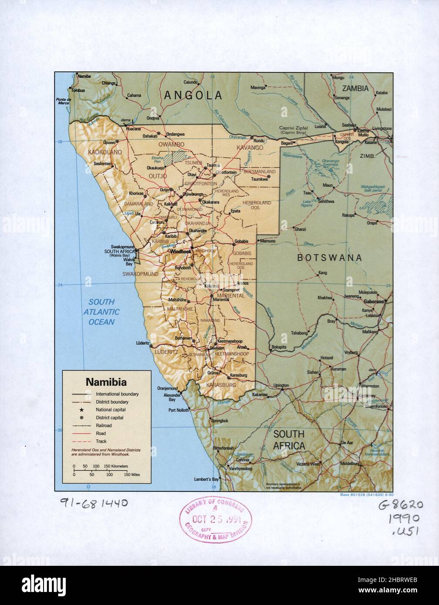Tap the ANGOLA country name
tap(193, 95)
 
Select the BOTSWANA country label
tap(329, 257)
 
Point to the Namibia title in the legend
tap(106, 383)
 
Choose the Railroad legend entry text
tap(104, 426)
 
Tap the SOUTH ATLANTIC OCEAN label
tap(101, 312)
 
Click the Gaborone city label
tap(374, 301)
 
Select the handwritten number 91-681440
tap(94, 503)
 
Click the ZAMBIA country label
tap(355, 88)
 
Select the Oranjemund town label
tap(167, 389)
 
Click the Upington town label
tap(281, 385)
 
